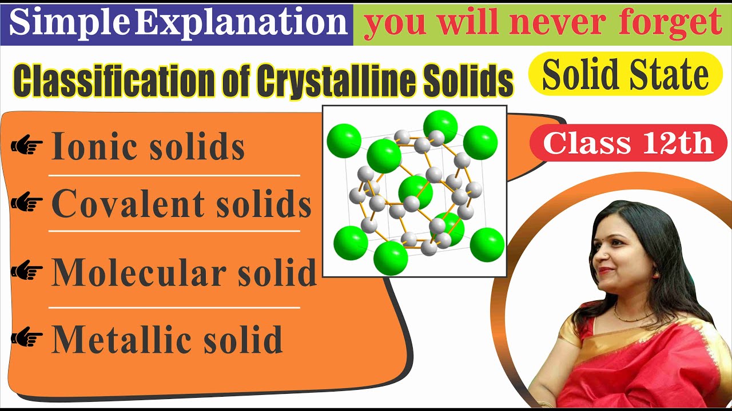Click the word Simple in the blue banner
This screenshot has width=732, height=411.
[x=70, y=23]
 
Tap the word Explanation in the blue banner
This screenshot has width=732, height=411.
[x=241, y=23]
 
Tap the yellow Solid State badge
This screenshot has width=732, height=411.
[x=625, y=75]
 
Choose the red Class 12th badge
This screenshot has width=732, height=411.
[x=627, y=143]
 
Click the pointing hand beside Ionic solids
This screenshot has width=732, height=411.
[x=27, y=147]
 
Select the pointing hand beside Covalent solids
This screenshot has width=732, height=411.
[x=27, y=203]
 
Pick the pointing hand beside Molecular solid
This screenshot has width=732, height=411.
[x=27, y=272]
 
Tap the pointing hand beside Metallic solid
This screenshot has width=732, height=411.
[x=27, y=338]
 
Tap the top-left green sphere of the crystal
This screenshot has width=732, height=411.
[x=344, y=140]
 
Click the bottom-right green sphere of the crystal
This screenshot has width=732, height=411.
[x=487, y=244]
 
